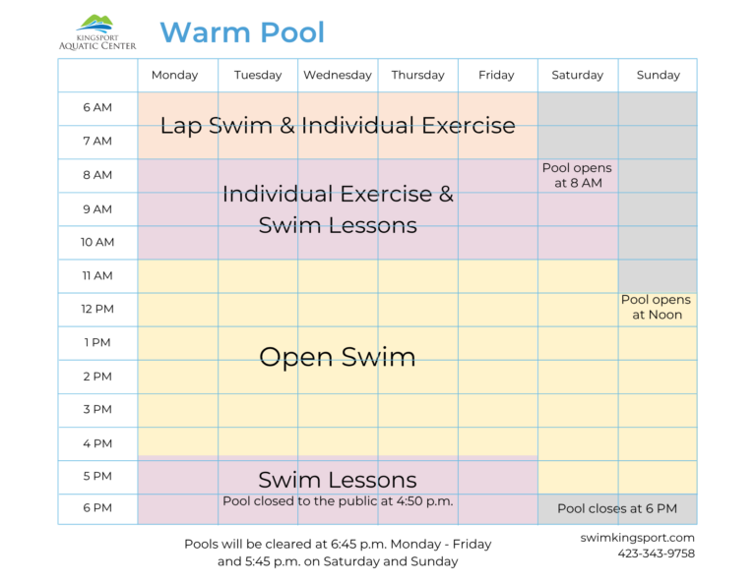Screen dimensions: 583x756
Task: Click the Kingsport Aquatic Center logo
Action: [97, 31]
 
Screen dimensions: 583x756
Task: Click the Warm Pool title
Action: [242, 32]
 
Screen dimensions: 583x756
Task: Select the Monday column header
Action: [175, 75]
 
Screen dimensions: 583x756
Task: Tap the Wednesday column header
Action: [338, 75]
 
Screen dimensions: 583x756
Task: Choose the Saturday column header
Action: [578, 75]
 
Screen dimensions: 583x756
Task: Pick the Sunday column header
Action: [659, 75]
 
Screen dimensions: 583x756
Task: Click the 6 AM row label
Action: [97, 108]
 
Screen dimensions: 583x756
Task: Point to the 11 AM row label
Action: [97, 276]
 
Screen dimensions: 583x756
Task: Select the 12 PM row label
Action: [97, 310]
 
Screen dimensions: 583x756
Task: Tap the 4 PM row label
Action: [97, 443]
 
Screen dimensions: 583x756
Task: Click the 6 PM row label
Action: [97, 508]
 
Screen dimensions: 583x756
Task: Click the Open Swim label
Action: [338, 357]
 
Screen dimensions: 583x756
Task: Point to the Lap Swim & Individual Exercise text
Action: [338, 126]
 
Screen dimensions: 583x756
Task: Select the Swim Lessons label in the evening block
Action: [338, 480]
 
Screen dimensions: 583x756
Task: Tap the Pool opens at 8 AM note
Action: [577, 176]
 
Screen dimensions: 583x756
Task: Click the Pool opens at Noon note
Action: [657, 308]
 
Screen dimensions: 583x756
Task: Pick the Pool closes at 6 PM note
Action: [617, 509]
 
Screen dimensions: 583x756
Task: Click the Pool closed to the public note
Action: [338, 501]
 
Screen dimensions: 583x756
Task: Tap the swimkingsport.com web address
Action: [638, 538]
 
